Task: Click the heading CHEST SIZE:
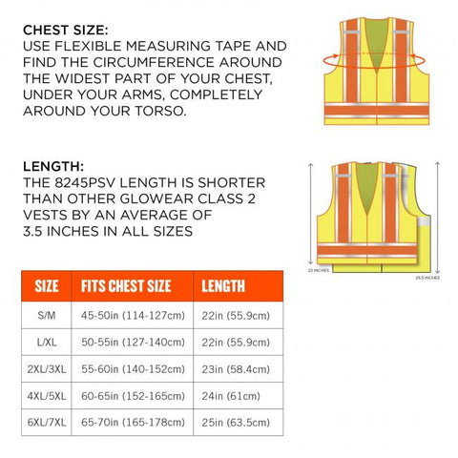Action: [65, 30]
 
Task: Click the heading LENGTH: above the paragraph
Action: [52, 166]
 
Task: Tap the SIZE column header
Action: [47, 285]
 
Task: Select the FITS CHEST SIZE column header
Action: [126, 285]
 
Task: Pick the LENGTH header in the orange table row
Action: [223, 285]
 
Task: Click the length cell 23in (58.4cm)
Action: [236, 367]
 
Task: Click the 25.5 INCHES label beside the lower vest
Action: [427, 279]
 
